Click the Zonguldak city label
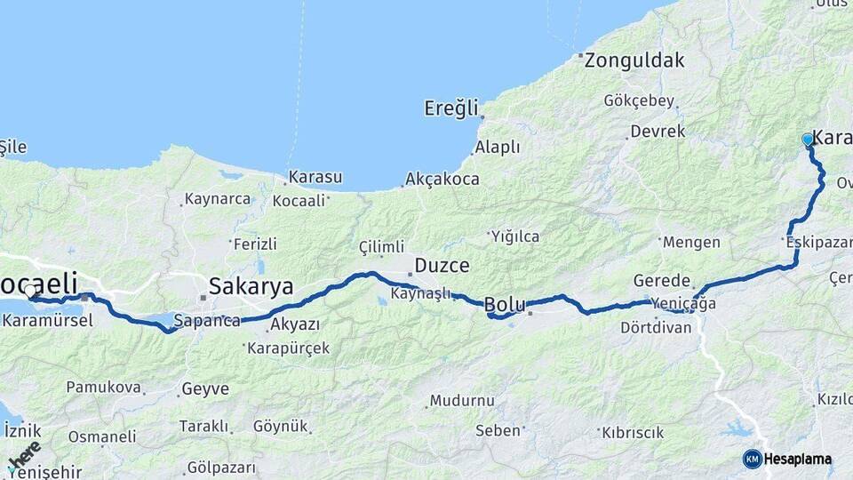pos(634,60)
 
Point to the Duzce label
pos(442,265)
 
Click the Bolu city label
pos(504,306)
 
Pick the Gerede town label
pos(662,280)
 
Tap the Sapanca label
pos(207,321)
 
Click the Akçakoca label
pos(442,179)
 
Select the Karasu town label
pos(315,177)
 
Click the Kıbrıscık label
pos(633,433)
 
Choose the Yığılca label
pos(514,236)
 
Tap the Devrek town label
pos(658,132)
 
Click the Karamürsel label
pos(48,320)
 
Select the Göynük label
pos(279,426)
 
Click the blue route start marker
pos(808,140)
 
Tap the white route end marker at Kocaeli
pos(30,291)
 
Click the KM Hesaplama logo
pos(788,459)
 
